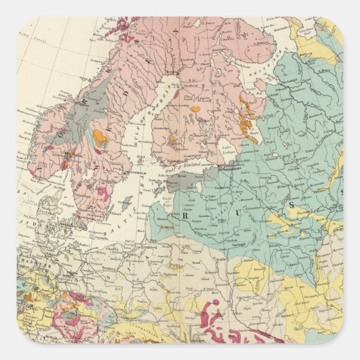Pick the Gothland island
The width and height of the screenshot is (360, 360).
(x=127, y=202)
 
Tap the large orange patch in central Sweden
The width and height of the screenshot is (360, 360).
(x=101, y=138)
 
